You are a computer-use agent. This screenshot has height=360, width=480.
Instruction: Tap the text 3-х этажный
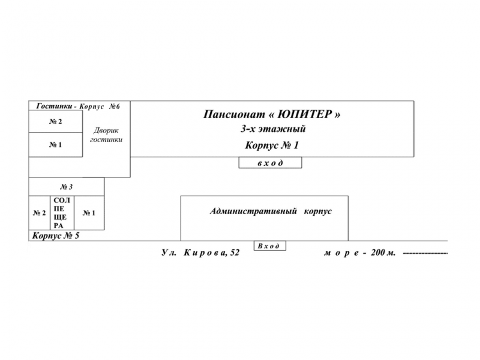click(x=273, y=129)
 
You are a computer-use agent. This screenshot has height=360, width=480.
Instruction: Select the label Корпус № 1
click(x=272, y=145)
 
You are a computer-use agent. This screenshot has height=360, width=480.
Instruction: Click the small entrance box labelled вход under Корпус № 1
click(x=271, y=163)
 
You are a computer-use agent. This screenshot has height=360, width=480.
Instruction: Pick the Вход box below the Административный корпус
click(x=269, y=246)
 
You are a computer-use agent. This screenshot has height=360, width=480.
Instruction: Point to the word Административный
click(x=253, y=211)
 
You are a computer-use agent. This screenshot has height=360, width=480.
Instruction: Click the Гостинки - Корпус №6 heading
click(x=78, y=106)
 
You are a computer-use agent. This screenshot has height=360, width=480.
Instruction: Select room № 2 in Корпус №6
click(x=55, y=122)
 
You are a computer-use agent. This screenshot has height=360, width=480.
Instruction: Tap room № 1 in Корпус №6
click(x=55, y=145)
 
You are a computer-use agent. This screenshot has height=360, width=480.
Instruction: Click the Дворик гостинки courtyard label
click(x=106, y=135)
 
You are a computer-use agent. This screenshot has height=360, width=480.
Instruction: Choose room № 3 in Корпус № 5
click(x=67, y=187)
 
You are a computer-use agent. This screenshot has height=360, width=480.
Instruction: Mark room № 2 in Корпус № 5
click(x=40, y=213)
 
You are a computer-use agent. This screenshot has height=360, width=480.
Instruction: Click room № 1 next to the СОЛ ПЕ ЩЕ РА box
click(x=89, y=213)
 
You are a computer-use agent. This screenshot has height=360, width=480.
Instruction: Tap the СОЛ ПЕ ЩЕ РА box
click(x=62, y=213)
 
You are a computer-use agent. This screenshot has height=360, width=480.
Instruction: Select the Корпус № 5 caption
click(x=56, y=236)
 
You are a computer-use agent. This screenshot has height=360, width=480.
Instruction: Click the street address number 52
click(x=235, y=253)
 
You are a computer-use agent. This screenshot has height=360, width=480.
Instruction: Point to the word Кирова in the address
click(x=205, y=253)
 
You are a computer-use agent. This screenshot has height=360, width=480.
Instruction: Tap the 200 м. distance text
click(x=383, y=253)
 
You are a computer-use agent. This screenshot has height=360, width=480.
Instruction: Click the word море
click(x=341, y=253)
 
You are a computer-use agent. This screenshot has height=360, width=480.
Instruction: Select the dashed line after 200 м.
click(x=425, y=253)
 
